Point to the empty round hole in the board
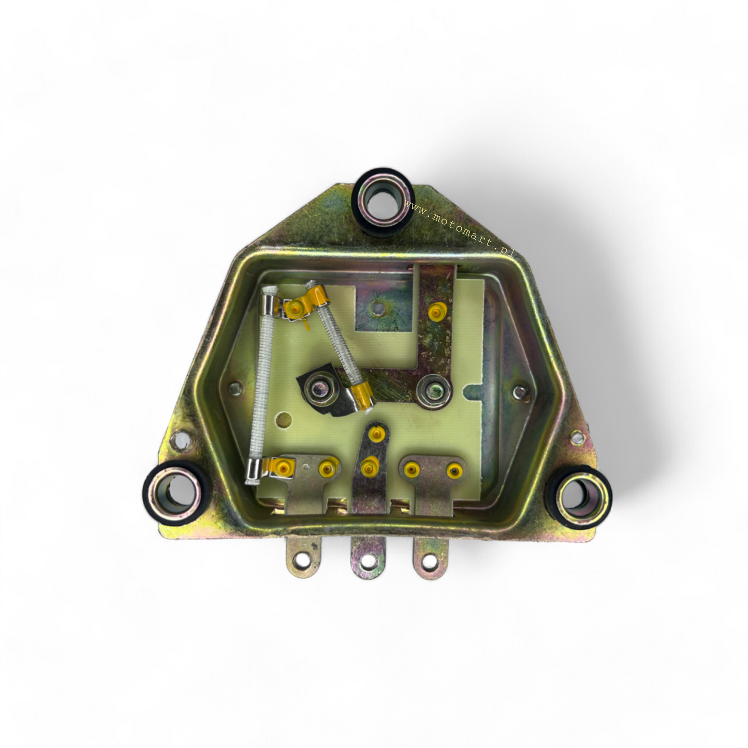[283, 418]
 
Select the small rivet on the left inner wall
[236, 387]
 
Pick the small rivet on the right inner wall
[519, 393]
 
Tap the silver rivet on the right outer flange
[577, 439]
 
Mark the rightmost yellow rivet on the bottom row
[454, 471]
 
